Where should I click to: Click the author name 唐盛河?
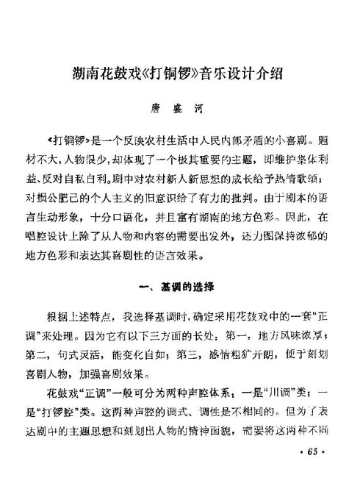pos(179,107)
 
